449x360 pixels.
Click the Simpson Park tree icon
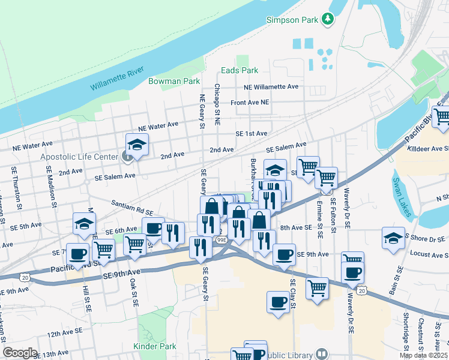pyautogui.click(x=328, y=20)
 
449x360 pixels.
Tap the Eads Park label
pyautogui.click(x=239, y=70)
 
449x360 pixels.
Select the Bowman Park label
pyautogui.click(x=173, y=81)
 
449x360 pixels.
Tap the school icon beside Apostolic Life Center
pyautogui.click(x=137, y=145)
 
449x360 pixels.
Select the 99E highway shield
pyautogui.click(x=221, y=240)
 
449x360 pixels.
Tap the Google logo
pyautogui.click(x=20, y=353)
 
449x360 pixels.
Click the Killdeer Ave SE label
pyautogui.click(x=427, y=149)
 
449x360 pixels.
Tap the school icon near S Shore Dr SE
pyautogui.click(x=393, y=238)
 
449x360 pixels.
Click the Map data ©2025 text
pyautogui.click(x=423, y=355)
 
